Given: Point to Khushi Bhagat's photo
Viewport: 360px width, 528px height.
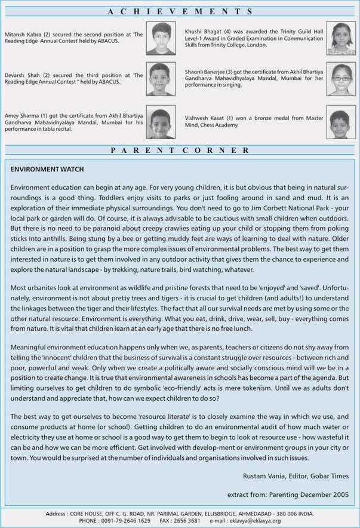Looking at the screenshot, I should pos(340,36).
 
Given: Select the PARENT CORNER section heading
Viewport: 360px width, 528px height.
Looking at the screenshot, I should pos(180,151).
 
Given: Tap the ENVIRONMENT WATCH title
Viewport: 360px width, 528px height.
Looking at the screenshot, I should pos(47,170).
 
